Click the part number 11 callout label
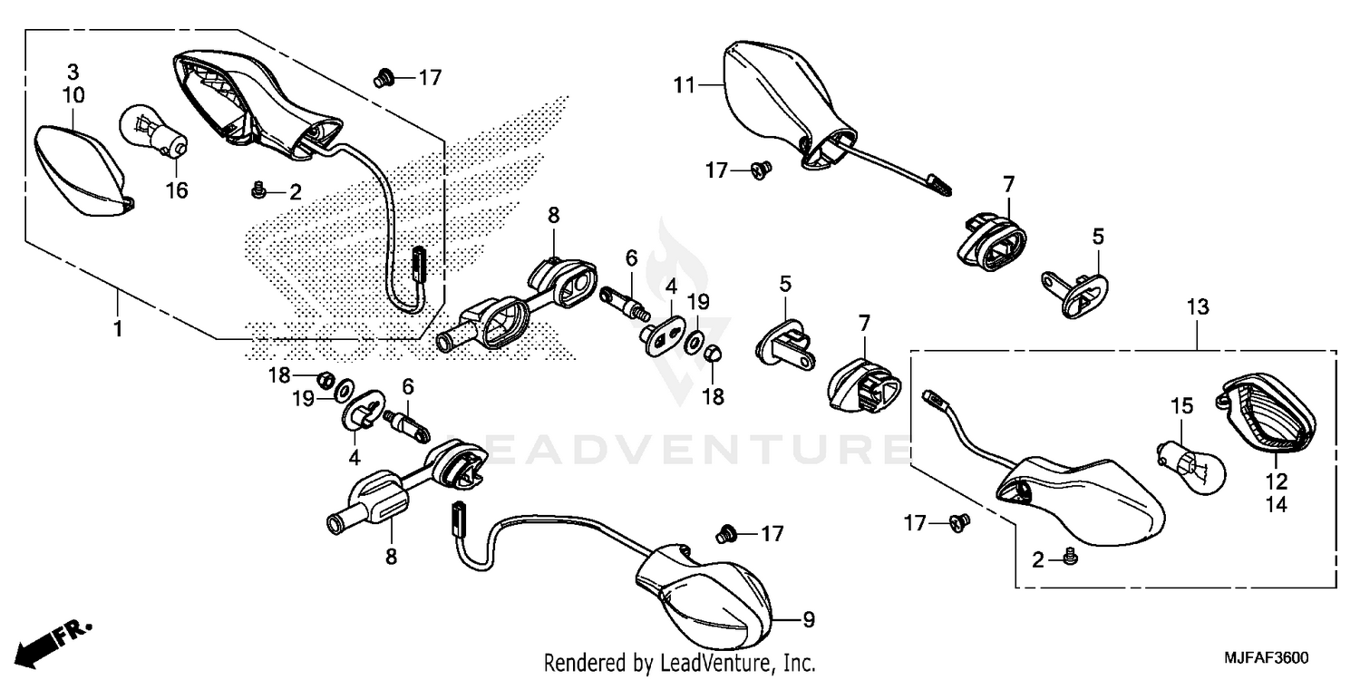[683, 86]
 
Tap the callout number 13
[1197, 308]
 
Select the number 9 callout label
[809, 621]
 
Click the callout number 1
[116, 328]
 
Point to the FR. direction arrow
[54, 641]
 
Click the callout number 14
[1277, 506]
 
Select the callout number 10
[73, 94]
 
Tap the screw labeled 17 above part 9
[724, 533]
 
